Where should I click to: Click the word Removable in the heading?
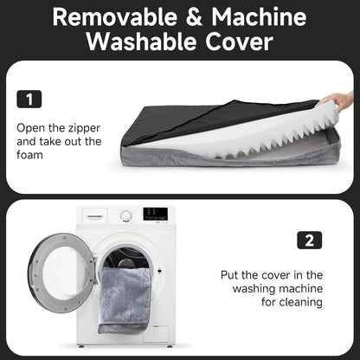point(115,16)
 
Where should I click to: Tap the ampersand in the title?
point(194,16)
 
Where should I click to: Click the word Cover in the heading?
point(239,42)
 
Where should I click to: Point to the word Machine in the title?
point(259,16)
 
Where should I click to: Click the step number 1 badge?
point(29,100)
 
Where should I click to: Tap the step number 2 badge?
point(310,240)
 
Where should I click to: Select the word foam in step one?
point(29,155)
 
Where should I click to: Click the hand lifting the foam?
point(337,101)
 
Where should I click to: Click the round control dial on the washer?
point(126,215)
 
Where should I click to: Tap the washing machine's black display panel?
point(155,214)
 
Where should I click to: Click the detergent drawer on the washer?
point(95,215)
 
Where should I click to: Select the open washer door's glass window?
point(64,272)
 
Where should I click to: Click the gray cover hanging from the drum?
point(124,300)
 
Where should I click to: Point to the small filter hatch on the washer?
point(156,334)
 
